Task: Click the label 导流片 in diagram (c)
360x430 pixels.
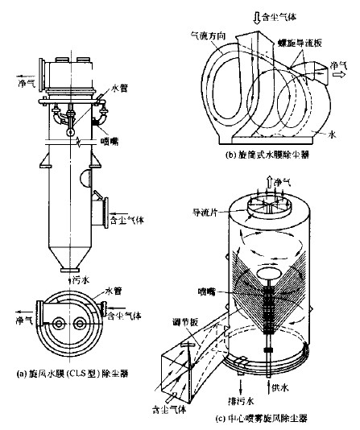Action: [202, 213]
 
